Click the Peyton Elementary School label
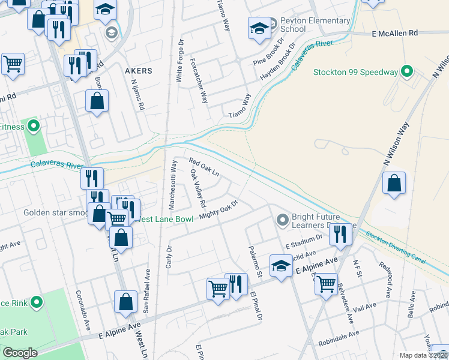(x=315, y=25)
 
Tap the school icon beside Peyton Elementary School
(x=259, y=28)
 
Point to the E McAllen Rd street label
(x=394, y=34)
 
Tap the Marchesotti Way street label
(x=173, y=184)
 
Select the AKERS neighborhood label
(x=138, y=71)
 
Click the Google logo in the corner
(x=20, y=353)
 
